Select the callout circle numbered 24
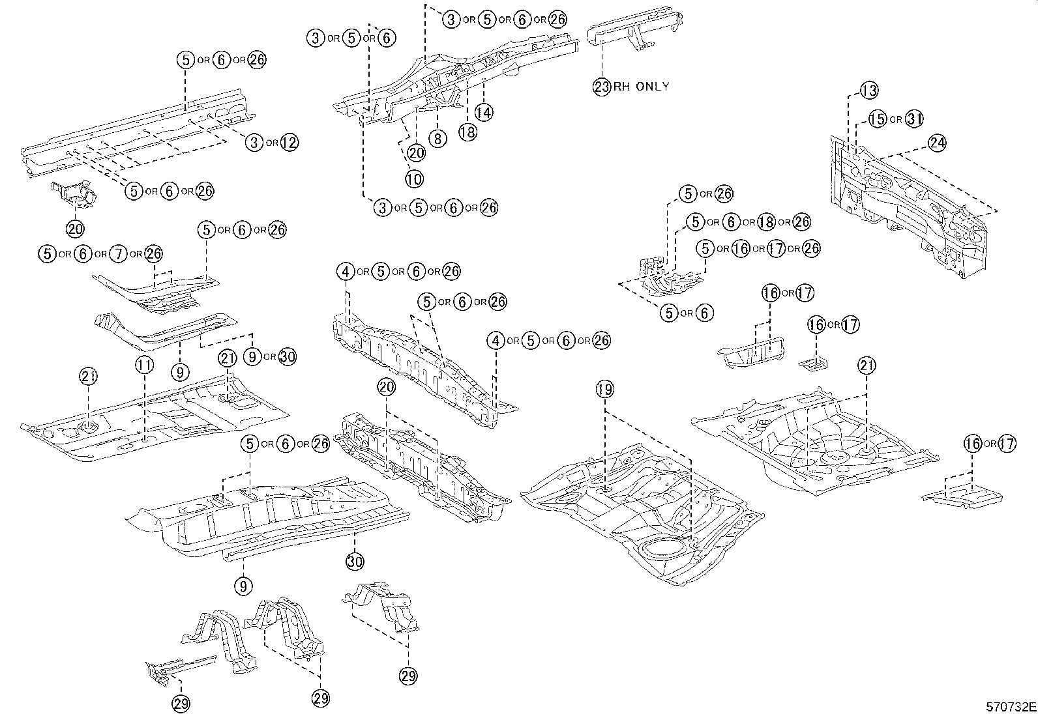(x=936, y=143)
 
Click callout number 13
(x=869, y=91)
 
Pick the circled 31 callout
(x=915, y=119)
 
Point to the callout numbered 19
(x=604, y=390)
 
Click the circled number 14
(x=483, y=112)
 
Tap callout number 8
(x=437, y=138)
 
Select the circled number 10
(x=414, y=178)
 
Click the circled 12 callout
(x=289, y=143)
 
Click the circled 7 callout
(x=117, y=254)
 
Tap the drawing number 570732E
(x=1010, y=706)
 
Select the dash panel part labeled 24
(x=913, y=208)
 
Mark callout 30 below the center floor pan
(x=355, y=561)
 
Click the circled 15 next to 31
(x=878, y=119)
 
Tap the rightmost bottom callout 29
(x=408, y=676)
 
